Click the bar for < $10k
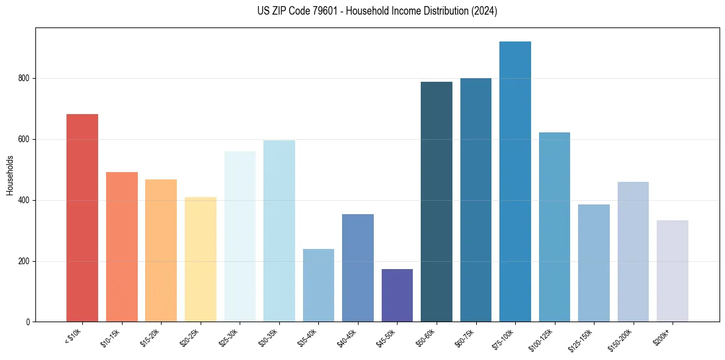[x=82, y=218]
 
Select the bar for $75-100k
[x=515, y=182]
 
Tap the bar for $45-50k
[x=397, y=295]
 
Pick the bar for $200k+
[x=673, y=271]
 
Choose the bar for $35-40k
[x=318, y=285]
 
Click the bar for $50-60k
[x=437, y=202]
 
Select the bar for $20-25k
[x=201, y=259]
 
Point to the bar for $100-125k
[x=554, y=227]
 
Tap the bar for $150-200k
[x=633, y=251]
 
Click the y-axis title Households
[x=10, y=175]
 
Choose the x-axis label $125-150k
[x=582, y=339]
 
